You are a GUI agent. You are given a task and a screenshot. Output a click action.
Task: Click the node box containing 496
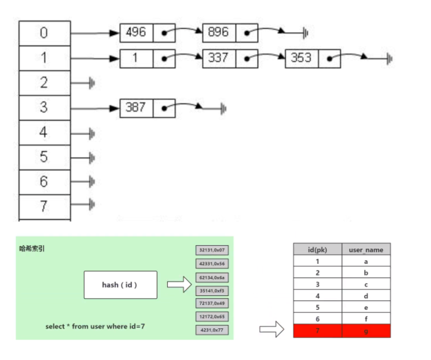pos(136,33)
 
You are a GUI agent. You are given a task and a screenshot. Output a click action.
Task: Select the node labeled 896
pos(219,33)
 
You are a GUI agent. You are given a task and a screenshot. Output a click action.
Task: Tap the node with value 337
pos(219,58)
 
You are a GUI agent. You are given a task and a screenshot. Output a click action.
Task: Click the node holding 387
pos(136,108)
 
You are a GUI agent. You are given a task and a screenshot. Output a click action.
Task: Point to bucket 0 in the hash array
pos(45,33)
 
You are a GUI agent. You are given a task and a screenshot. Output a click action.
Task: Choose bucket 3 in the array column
pos(45,108)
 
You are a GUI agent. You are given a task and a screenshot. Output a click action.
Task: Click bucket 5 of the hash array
pos(45,157)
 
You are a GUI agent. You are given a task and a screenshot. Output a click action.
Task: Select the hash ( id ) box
pos(120,284)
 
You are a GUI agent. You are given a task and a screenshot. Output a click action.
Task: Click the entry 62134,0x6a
pos(211,277)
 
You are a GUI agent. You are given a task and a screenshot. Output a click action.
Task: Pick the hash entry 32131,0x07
pos(211,251)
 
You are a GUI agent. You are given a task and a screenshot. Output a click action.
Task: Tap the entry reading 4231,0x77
pos(211,330)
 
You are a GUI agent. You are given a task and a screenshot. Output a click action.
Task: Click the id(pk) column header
pos(317,249)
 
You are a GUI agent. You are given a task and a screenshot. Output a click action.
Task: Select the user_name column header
pos(366,249)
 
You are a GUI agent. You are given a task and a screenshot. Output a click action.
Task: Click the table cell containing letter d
pos(366,296)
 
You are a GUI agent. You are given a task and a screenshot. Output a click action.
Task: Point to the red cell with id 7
pos(317,332)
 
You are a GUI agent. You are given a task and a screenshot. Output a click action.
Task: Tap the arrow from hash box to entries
pos(178,285)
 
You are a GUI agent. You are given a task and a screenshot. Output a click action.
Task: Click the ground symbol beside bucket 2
pos(92,83)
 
